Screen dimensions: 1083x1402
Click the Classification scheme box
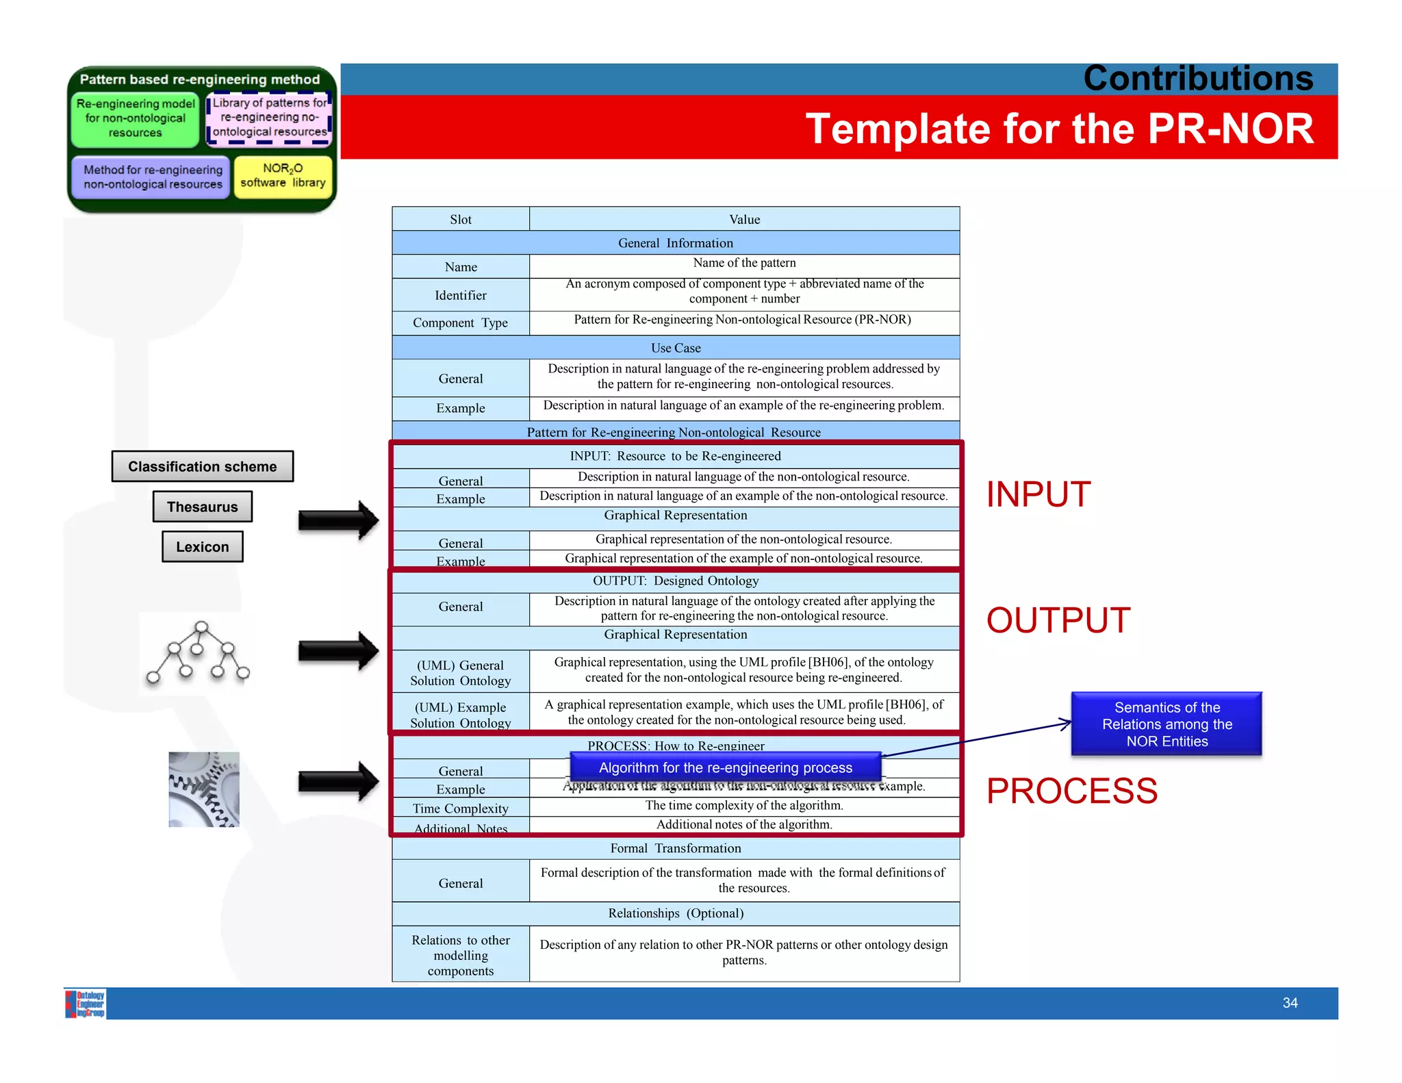203,466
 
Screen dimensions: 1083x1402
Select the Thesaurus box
203,507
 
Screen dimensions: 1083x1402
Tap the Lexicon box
203,547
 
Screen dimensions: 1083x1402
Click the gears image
204,789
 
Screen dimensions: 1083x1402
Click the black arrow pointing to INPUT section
338,520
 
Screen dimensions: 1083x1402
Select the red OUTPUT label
1058,620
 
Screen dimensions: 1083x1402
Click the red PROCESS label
1071,791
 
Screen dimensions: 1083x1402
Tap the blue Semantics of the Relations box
1167,724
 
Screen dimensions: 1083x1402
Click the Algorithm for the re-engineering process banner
725,767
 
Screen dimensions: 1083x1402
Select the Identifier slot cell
461,295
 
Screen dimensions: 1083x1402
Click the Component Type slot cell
461,323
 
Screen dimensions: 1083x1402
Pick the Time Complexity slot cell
461,808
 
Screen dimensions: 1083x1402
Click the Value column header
744,219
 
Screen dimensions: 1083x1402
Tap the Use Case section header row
676,348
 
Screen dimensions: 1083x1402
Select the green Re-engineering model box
136,119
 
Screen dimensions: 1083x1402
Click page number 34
1290,1003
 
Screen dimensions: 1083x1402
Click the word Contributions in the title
1198,79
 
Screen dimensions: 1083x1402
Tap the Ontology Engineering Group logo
86,1004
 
